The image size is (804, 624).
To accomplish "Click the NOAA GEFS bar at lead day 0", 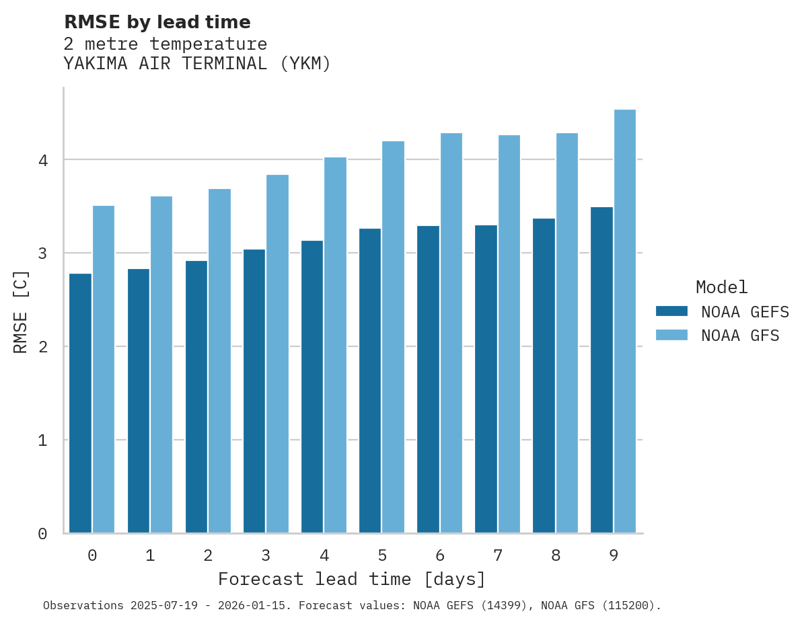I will coord(80,403).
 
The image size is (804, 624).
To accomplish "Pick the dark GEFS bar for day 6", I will coord(428,380).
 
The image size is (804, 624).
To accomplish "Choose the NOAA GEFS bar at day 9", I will coord(601,370).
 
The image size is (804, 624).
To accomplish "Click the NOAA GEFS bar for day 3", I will coord(254,391).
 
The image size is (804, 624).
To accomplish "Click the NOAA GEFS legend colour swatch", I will coord(671,311).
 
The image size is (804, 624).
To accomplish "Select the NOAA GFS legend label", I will coord(740,336).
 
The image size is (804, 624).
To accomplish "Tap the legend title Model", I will coord(721,288).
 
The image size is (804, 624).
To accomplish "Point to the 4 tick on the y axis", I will coord(42,160).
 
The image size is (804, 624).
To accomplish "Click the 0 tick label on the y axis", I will coord(42,534).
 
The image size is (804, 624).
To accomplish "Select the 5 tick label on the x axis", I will coord(382,555).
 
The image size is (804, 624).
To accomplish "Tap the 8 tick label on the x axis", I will coord(556,555).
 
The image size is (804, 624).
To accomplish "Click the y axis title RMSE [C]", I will coord(21,311).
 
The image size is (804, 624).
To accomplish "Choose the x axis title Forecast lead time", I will coord(351,579).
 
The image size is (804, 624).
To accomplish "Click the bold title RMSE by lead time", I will coord(157,22).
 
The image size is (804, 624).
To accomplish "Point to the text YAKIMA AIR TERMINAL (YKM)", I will coord(197,64).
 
